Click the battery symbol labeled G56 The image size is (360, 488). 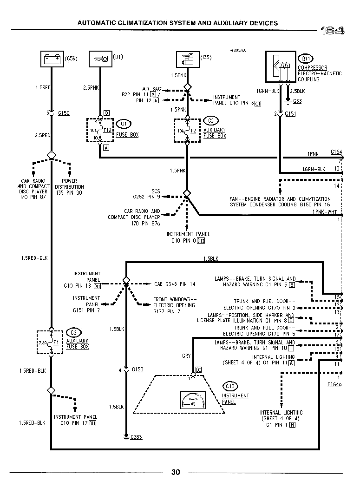tap(52, 59)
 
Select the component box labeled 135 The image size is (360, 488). tap(187, 59)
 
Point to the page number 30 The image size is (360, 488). tap(176, 473)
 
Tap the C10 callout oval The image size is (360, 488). tap(229, 386)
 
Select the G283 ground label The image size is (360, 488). tap(137, 437)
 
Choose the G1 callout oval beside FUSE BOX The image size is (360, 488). tap(124, 124)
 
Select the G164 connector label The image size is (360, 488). tap(336, 152)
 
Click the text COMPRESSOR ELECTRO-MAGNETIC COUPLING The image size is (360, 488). tap(319, 73)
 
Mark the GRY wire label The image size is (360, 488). tap(186, 356)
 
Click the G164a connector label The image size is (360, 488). tap(334, 384)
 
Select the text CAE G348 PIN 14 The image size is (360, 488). tap(175, 284)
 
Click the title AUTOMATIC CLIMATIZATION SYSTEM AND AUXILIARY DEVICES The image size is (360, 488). tap(177, 23)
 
